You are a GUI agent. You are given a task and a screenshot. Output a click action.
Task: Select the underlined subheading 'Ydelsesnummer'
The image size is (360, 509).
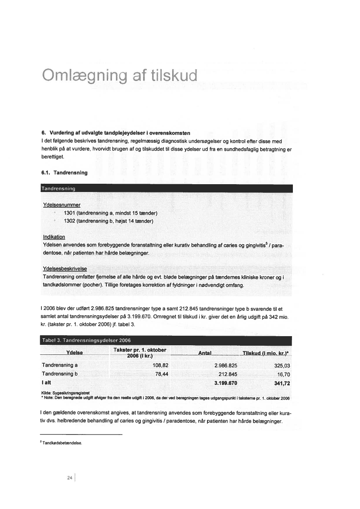click(61, 204)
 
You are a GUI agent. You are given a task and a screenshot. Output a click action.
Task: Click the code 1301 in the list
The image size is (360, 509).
click(71, 213)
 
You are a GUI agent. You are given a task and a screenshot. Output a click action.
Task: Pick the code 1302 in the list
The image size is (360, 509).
click(71, 221)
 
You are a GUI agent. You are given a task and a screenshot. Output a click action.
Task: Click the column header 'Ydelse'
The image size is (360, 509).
click(75, 353)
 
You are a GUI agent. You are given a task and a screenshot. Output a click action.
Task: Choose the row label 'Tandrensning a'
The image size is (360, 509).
click(60, 365)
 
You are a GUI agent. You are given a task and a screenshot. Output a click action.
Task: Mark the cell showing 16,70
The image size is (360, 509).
click(284, 374)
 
